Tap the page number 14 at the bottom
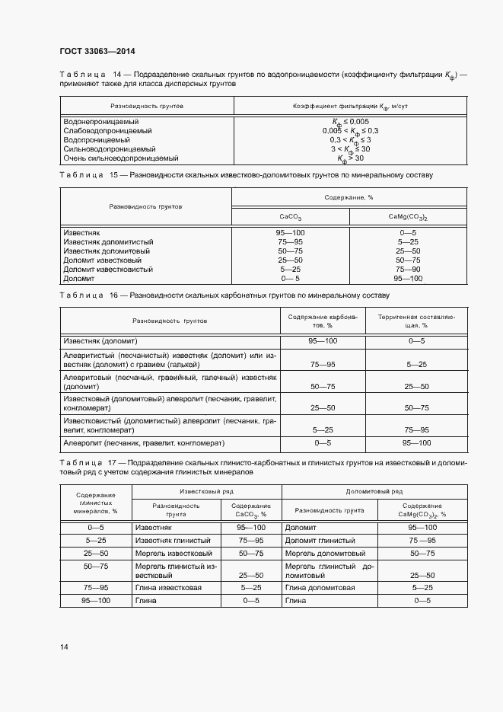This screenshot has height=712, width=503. (64, 647)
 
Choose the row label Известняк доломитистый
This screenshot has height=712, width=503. (107, 241)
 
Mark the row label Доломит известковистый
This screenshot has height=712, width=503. (108, 269)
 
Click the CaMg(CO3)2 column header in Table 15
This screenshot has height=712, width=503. (407, 217)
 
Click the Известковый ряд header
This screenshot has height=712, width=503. (206, 492)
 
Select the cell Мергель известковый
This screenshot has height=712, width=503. (174, 553)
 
